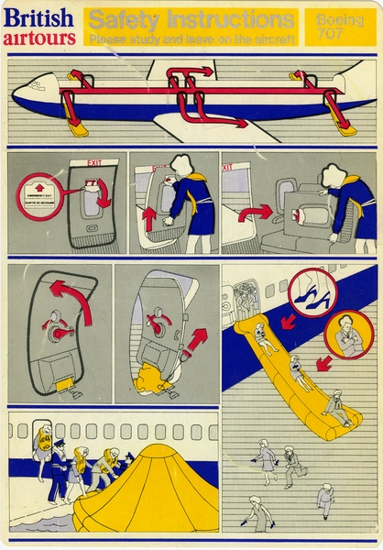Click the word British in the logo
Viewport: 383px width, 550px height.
click(38, 18)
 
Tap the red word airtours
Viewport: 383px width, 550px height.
click(38, 38)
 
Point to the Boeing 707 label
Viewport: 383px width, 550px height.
click(339, 26)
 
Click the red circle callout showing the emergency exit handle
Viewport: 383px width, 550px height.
click(39, 197)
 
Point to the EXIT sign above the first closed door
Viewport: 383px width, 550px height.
click(93, 163)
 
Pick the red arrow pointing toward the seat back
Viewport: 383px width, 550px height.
click(256, 214)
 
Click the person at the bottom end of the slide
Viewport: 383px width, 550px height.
click(334, 408)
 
